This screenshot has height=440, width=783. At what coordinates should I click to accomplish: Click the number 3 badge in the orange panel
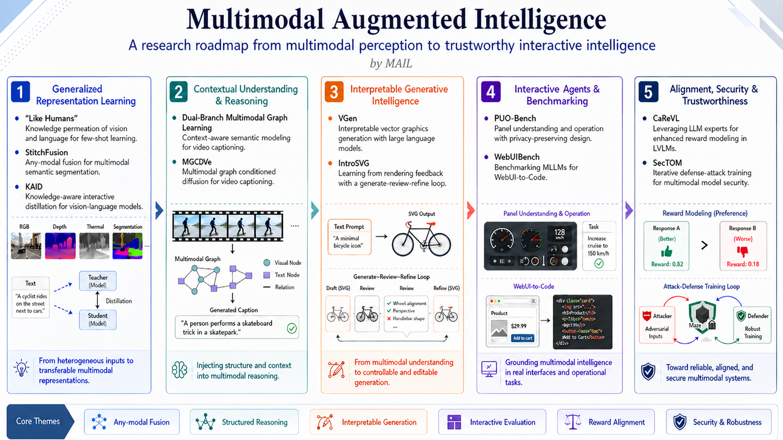pyautogui.click(x=334, y=92)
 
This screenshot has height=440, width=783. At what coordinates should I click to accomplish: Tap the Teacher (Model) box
pyautogui.click(x=97, y=281)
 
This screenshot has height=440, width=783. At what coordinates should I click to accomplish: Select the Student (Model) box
pyautogui.click(x=97, y=319)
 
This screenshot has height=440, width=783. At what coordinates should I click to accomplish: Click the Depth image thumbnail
pyautogui.click(x=60, y=245)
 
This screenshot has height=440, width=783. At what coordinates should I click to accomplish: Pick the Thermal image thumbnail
pyautogui.click(x=94, y=245)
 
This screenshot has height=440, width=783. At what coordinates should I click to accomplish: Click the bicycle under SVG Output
pyautogui.click(x=421, y=239)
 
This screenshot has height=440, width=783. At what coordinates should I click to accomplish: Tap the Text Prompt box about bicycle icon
pyautogui.click(x=349, y=237)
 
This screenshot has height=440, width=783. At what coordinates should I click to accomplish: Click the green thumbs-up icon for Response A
pyautogui.click(x=666, y=252)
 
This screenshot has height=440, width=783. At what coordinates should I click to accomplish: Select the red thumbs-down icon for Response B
pyautogui.click(x=742, y=252)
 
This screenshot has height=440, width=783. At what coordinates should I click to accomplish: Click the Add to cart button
pyautogui.click(x=522, y=338)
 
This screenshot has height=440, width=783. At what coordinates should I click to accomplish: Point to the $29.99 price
pyautogui.click(x=518, y=326)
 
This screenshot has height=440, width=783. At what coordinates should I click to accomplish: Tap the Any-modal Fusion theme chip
pyautogui.click(x=132, y=422)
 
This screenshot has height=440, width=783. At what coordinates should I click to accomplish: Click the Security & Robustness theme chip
pyautogui.click(x=718, y=422)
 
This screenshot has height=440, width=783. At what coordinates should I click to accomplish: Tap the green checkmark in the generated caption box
pyautogui.click(x=292, y=328)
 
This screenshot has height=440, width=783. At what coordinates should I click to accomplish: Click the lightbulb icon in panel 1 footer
pyautogui.click(x=22, y=368)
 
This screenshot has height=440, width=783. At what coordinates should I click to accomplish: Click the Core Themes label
pyautogui.click(x=38, y=421)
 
